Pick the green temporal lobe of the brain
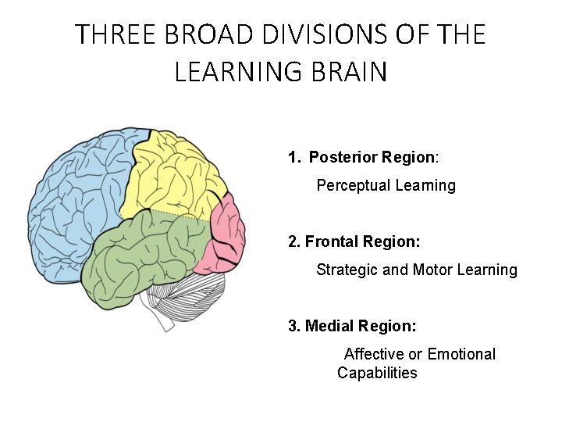(x=140, y=250)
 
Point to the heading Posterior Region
(x=372, y=157)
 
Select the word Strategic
(x=347, y=270)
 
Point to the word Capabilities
(x=377, y=373)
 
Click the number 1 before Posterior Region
(x=293, y=157)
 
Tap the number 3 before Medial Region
(x=293, y=326)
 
